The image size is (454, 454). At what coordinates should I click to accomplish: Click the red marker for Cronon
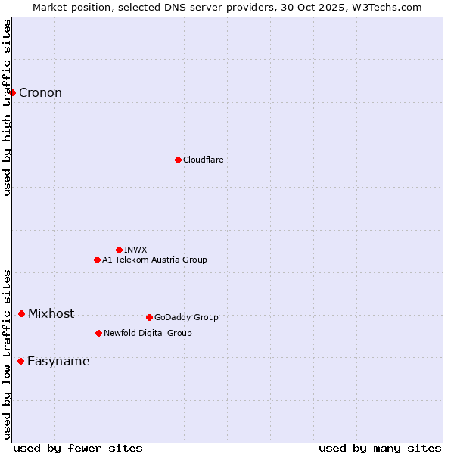[x=13, y=92]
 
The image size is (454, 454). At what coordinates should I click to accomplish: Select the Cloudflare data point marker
[x=178, y=160]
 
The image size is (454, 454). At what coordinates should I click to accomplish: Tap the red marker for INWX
[x=119, y=250]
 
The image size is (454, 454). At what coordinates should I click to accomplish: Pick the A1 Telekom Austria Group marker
[x=97, y=260]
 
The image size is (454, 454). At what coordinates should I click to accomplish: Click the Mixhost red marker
[x=21, y=313]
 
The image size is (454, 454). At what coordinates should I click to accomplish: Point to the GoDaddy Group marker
[x=149, y=317]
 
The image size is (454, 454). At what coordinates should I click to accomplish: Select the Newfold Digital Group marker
[x=98, y=333]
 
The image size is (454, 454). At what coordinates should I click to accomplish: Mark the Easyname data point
[x=20, y=361]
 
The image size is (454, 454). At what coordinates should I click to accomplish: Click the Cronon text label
[x=40, y=93]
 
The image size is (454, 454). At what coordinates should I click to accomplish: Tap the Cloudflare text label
[x=203, y=160]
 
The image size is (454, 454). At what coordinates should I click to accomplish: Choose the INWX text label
[x=135, y=250]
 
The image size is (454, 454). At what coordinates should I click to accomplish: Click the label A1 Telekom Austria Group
[x=154, y=260]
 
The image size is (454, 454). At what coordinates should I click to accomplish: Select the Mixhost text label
[x=51, y=314]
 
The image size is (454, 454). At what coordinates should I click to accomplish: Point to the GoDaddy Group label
[x=186, y=317]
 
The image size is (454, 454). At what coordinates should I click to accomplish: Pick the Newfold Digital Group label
[x=148, y=333]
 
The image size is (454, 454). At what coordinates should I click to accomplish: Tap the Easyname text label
[x=58, y=362]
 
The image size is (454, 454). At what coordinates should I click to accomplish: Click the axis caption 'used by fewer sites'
[x=78, y=448]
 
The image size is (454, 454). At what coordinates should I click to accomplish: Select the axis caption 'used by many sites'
[x=380, y=448]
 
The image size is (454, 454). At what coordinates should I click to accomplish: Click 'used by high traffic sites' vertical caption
[x=8, y=107]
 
